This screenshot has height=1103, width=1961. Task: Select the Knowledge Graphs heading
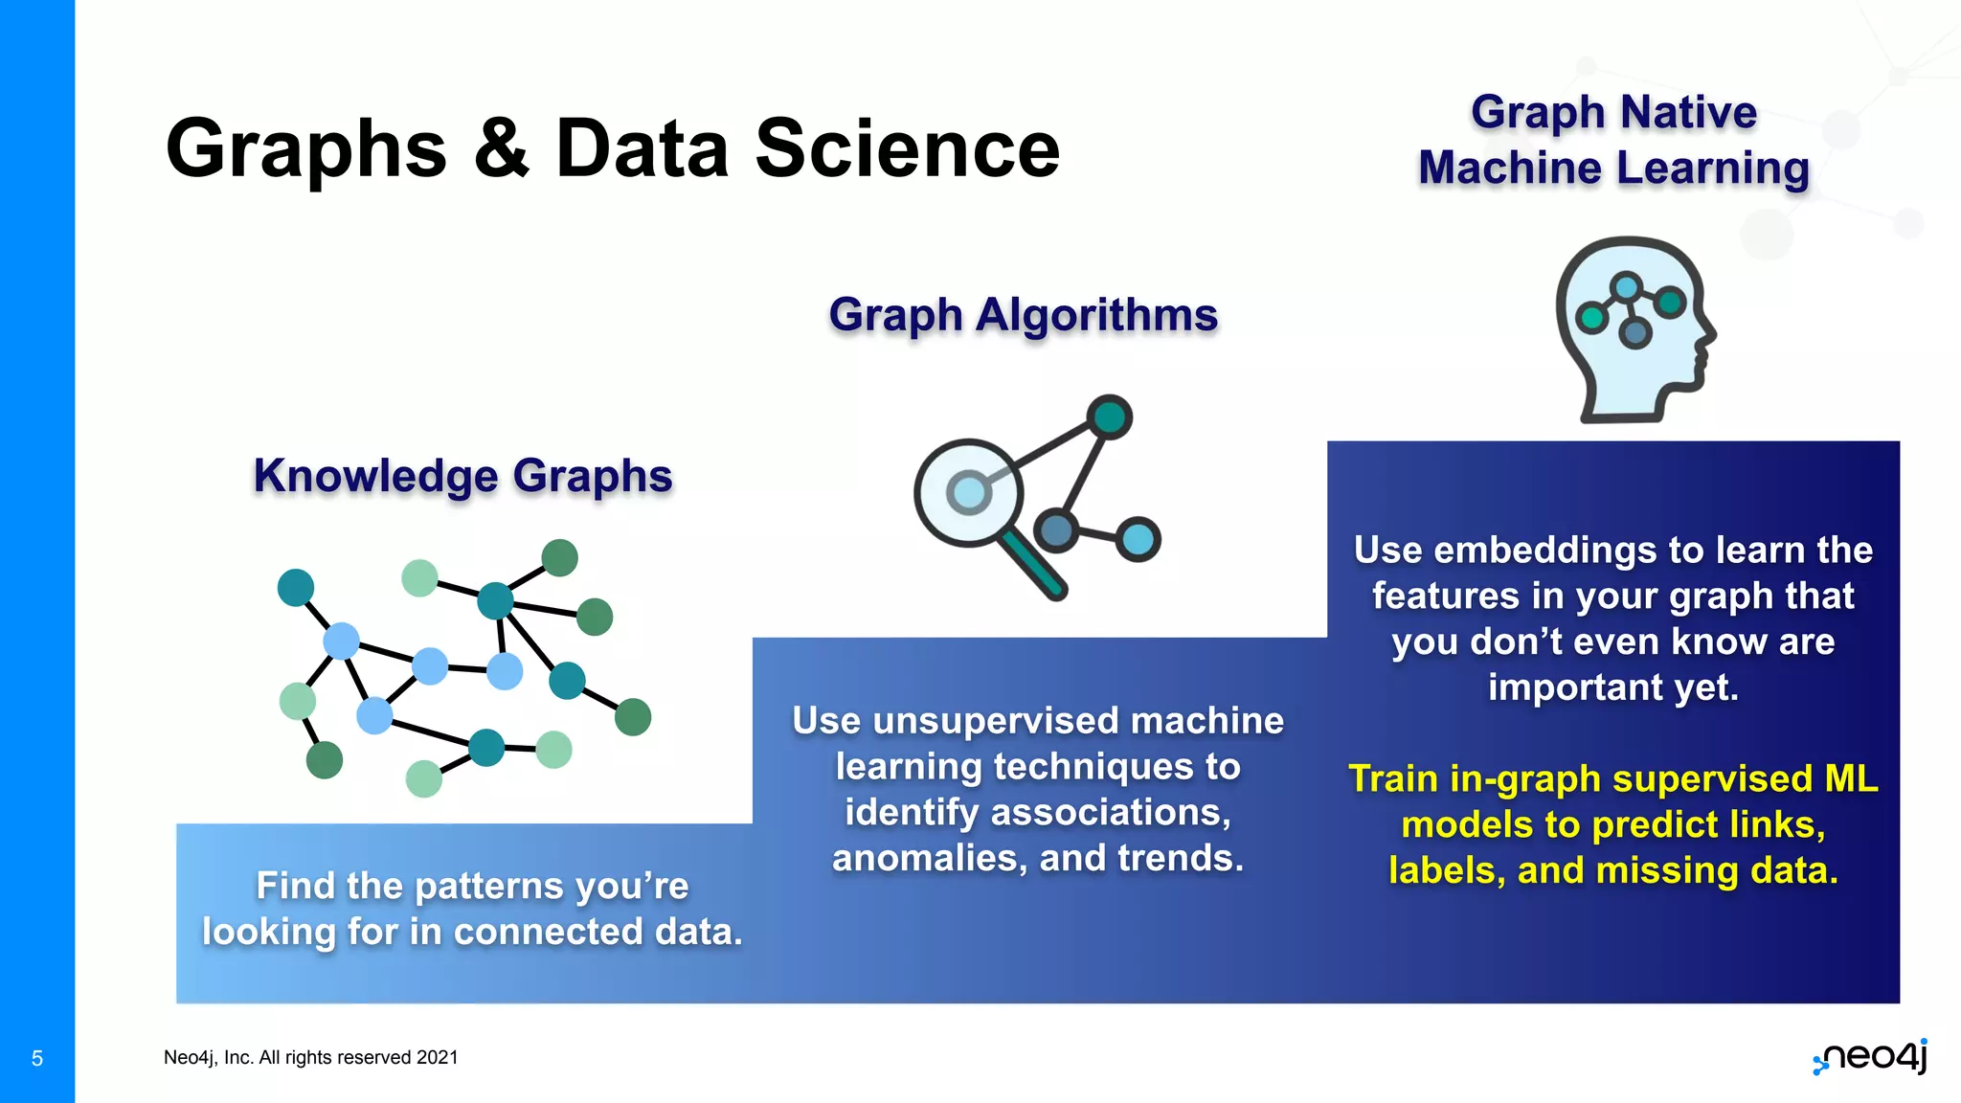pyautogui.click(x=462, y=476)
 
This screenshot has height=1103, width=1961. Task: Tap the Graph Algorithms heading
pyautogui.click(x=1023, y=315)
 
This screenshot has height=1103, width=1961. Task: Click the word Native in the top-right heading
pyautogui.click(x=1689, y=112)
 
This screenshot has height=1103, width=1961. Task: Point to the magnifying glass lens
pyautogui.click(x=968, y=492)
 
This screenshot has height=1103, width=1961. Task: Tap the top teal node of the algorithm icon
pyautogui.click(x=1109, y=416)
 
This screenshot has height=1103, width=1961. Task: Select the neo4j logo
pyautogui.click(x=1871, y=1057)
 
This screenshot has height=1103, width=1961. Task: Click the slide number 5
pyautogui.click(x=37, y=1058)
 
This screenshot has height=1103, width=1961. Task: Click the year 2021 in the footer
pyautogui.click(x=438, y=1057)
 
